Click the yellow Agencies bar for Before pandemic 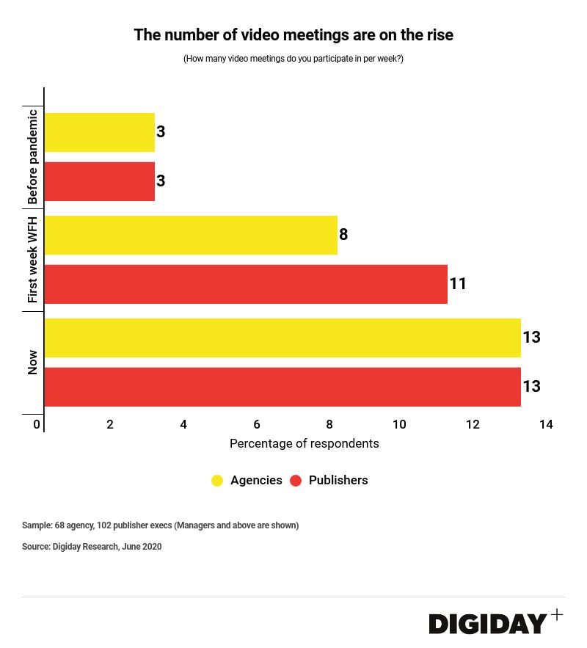point(100,132)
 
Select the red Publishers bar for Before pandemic point(100,181)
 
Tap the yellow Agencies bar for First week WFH point(191,235)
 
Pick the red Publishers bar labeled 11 point(246,284)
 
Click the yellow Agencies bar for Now point(282,338)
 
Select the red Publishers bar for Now point(282,387)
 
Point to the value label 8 point(343,235)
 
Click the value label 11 point(458,284)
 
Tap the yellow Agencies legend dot point(217,481)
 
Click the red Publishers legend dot point(296,481)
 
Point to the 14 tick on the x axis point(545,424)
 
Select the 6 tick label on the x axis point(257,424)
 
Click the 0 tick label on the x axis point(37,424)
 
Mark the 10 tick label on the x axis point(399,424)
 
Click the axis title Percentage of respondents point(304,443)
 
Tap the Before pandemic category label point(32,157)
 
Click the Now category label point(32,363)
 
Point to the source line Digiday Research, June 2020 point(92,547)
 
